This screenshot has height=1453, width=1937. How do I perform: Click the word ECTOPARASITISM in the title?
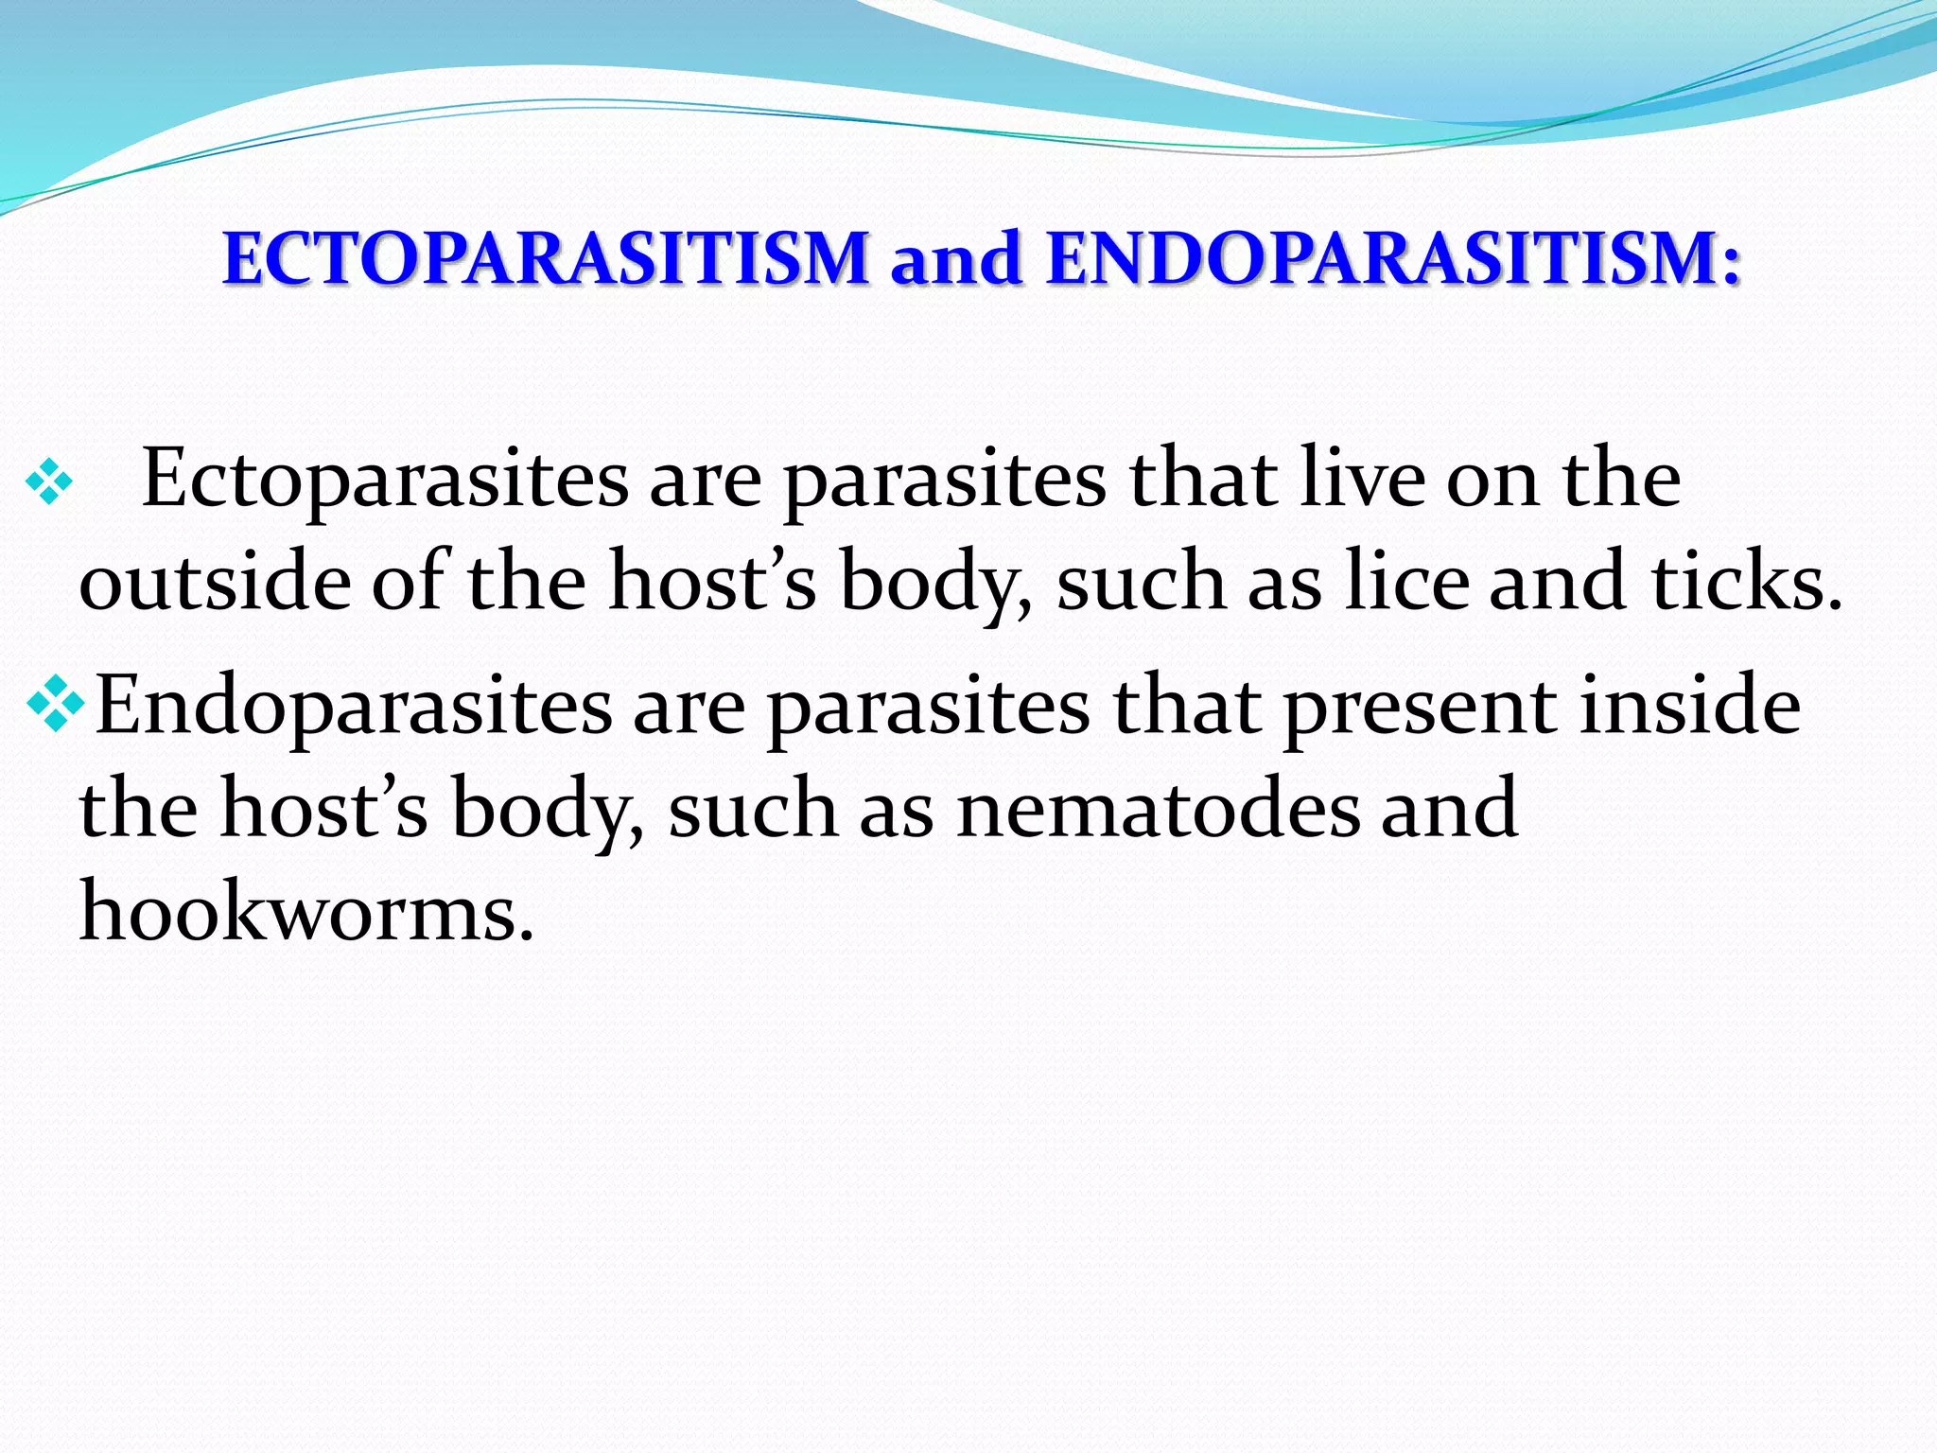[x=546, y=258]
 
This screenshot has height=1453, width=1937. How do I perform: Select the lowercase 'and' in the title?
[x=956, y=258]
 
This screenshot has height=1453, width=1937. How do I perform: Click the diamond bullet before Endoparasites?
[x=56, y=705]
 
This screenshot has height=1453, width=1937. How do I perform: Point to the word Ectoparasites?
[x=384, y=481]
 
